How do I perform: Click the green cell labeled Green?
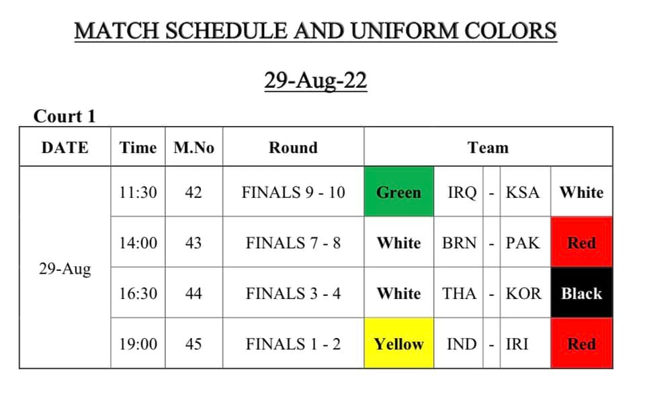click(x=398, y=191)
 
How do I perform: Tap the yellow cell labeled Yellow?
click(x=398, y=343)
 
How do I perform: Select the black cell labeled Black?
click(x=582, y=292)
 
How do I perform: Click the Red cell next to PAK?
click(x=582, y=242)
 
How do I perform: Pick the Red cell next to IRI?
click(x=582, y=343)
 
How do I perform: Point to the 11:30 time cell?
click(x=138, y=192)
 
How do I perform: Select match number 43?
click(x=193, y=243)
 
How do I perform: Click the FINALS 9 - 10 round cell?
click(x=294, y=192)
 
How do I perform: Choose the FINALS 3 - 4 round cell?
click(x=294, y=293)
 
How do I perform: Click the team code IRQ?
click(x=462, y=192)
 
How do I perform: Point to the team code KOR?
click(x=523, y=293)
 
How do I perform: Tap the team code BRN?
click(x=459, y=243)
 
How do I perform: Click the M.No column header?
click(x=193, y=148)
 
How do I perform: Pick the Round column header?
click(x=294, y=148)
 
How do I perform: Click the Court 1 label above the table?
click(x=64, y=116)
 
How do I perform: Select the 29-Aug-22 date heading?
click(x=316, y=80)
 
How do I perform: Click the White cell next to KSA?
click(x=582, y=192)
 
